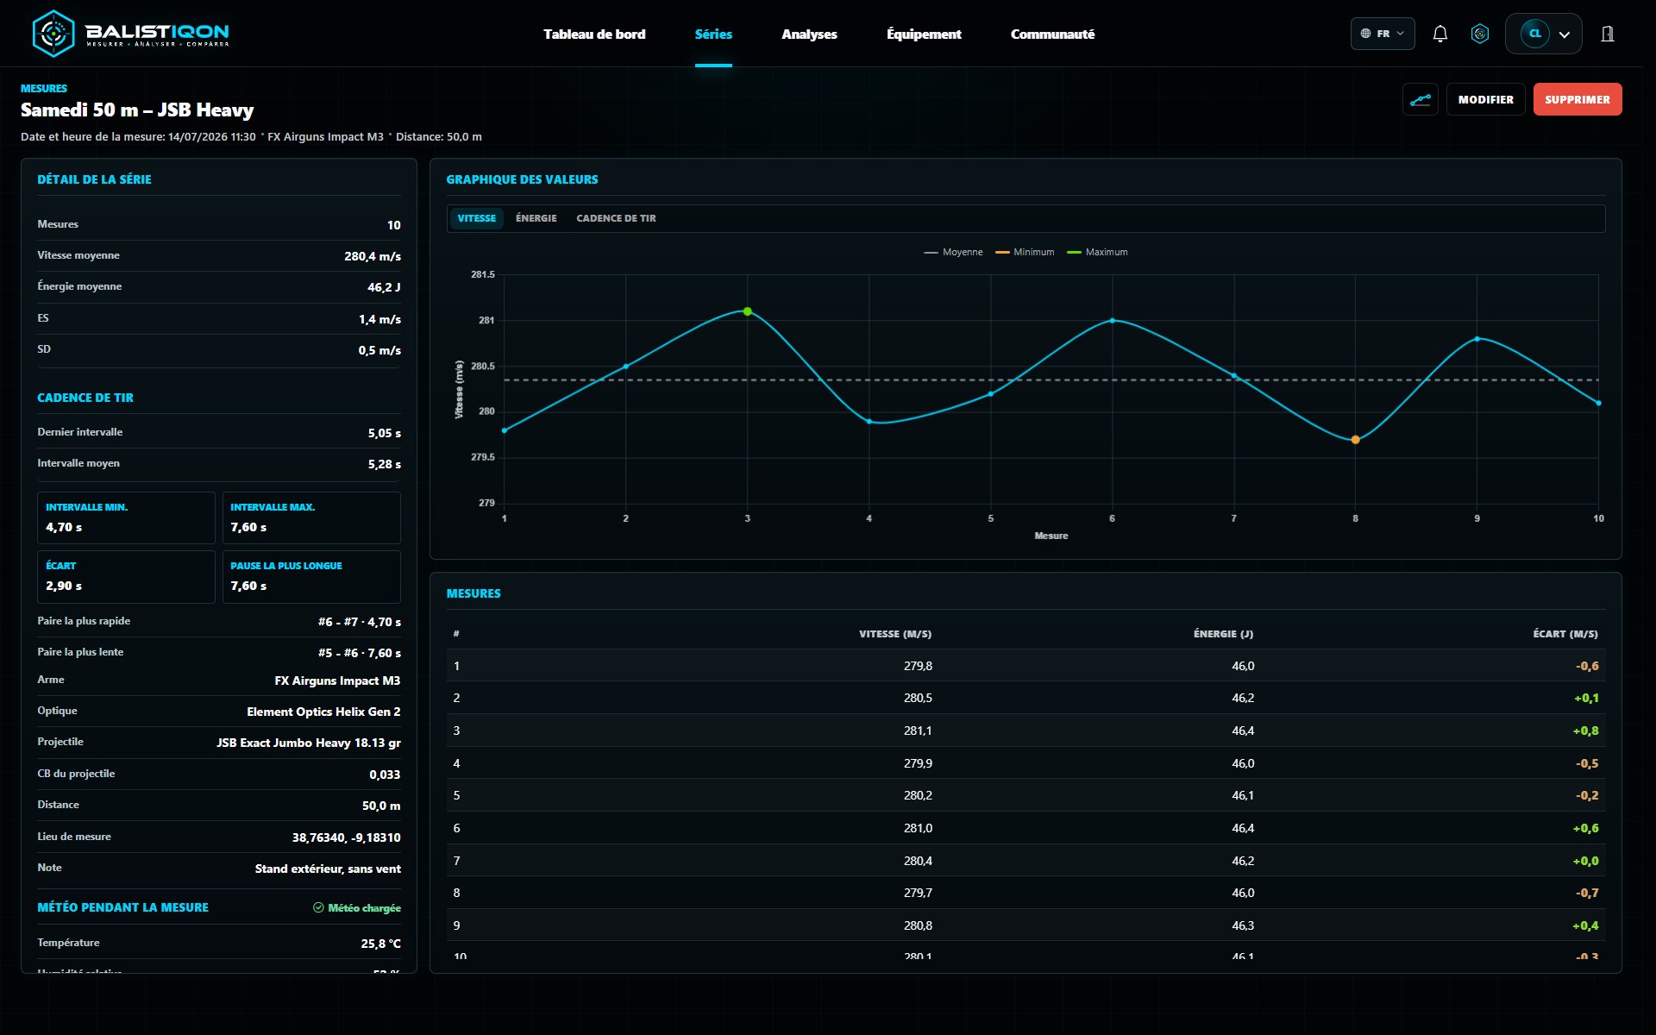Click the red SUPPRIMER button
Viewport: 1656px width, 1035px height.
(1577, 99)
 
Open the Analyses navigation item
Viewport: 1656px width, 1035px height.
(809, 34)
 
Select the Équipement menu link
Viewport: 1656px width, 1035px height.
(924, 34)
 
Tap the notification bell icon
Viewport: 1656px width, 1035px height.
(1440, 34)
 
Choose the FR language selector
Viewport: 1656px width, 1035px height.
(1383, 34)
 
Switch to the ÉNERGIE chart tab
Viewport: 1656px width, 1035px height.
(536, 218)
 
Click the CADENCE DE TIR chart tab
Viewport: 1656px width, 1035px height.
(616, 218)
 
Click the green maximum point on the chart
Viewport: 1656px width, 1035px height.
(748, 311)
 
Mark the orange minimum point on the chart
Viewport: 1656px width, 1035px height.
(1355, 440)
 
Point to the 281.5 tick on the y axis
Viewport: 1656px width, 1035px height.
(483, 274)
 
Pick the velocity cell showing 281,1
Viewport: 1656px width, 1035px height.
(918, 731)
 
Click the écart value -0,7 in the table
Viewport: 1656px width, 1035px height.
(1587, 893)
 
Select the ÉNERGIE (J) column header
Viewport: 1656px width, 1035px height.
(1223, 634)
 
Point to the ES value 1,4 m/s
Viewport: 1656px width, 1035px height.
(379, 319)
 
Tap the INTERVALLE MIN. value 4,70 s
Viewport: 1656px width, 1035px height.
(64, 527)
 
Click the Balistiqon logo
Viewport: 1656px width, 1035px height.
(130, 34)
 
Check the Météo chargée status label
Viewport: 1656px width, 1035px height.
(356, 907)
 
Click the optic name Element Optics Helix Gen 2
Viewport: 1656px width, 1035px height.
(323, 712)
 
